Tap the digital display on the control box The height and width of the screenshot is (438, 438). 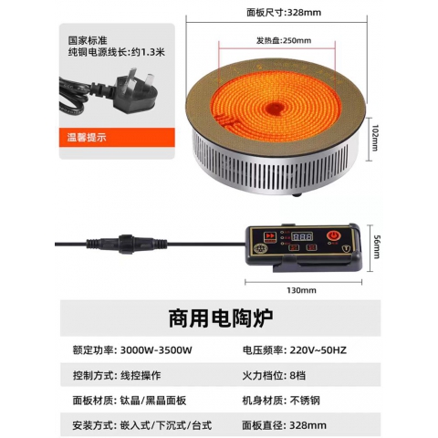(x=303, y=236)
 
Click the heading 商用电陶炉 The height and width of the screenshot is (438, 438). (x=219, y=320)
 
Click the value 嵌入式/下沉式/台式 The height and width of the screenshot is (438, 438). (x=171, y=424)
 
